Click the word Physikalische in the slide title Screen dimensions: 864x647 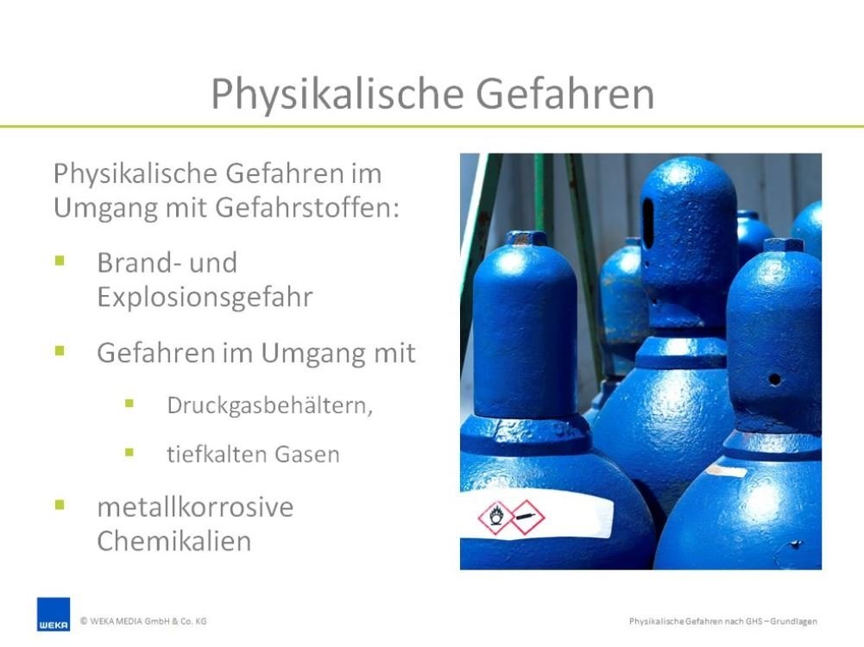point(337,95)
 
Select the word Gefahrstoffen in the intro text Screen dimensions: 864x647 point(307,208)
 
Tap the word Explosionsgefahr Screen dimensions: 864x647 point(205,298)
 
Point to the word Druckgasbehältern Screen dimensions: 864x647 point(270,405)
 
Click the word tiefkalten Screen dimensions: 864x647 point(216,455)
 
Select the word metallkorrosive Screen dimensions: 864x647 point(195,507)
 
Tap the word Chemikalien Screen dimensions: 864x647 point(174,541)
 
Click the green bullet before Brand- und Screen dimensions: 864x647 point(60,261)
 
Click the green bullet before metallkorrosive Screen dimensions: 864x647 point(60,505)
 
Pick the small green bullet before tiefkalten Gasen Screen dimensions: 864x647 point(129,453)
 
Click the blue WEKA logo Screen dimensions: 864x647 point(54,614)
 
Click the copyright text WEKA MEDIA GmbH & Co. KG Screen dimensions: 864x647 point(143,621)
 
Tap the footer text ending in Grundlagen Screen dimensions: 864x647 point(723,621)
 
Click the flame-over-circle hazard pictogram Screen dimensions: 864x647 point(495,518)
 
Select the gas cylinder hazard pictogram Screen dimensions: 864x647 point(527,517)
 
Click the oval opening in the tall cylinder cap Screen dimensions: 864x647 point(648,223)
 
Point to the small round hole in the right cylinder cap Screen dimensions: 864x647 point(774,380)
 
